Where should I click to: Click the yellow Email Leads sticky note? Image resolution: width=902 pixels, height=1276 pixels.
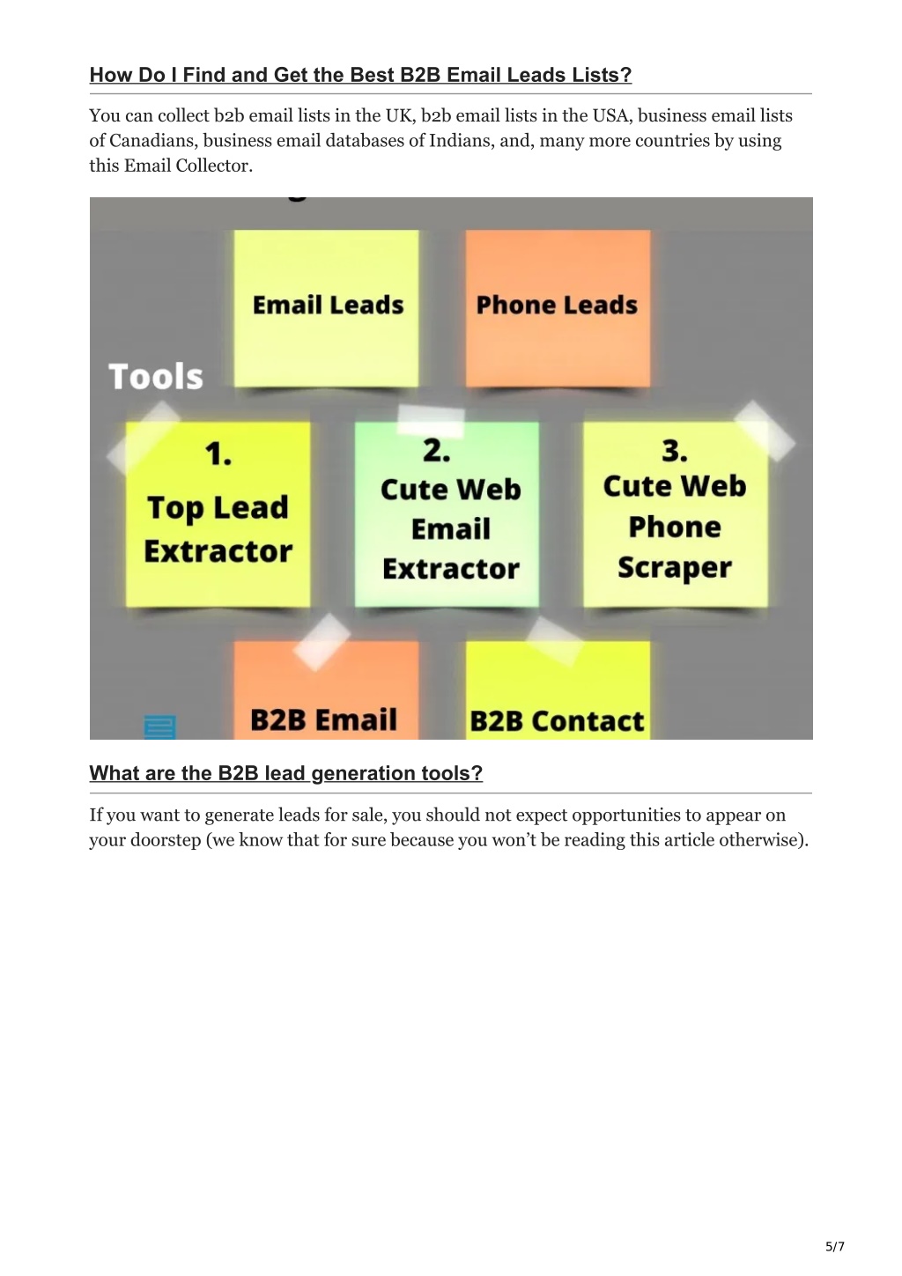pos(327,308)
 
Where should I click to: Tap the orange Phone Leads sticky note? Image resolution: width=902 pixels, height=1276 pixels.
pos(558,308)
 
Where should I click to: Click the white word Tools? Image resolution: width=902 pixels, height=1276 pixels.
pos(156,377)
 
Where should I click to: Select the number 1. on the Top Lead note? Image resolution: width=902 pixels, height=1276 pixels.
pos(218,454)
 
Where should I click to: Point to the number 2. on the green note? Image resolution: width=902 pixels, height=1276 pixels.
pos(437,451)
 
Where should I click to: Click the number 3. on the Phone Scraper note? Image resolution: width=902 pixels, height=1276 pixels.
pos(675,451)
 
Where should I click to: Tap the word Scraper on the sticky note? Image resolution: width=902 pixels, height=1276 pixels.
pos(675,568)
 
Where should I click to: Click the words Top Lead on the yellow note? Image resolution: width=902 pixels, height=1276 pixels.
pos(218,507)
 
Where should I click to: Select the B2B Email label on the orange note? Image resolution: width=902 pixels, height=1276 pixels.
pos(323,719)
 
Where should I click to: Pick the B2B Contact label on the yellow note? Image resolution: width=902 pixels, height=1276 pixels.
pos(557,721)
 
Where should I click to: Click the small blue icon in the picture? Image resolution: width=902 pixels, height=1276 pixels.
pos(159,727)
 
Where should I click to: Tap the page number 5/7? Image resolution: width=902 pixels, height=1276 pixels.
pos(835,1246)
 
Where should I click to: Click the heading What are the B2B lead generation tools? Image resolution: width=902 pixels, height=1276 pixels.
pos(286,773)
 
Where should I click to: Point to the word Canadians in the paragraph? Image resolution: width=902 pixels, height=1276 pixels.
pos(151,141)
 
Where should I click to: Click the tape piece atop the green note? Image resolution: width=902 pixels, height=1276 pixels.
pos(431,420)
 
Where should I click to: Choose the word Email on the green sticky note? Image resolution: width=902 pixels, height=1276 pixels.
pos(451,528)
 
